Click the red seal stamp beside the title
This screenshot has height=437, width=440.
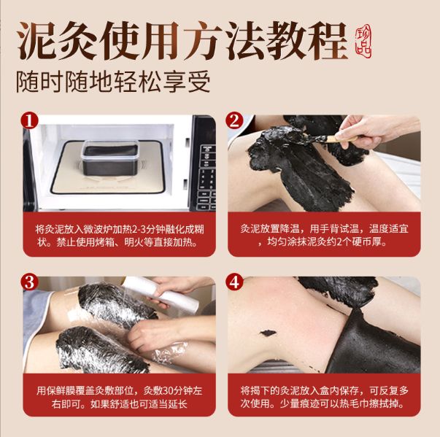click(363, 41)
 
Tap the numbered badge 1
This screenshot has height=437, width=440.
click(29, 121)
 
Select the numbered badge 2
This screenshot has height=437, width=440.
click(234, 121)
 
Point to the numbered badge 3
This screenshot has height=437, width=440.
click(29, 282)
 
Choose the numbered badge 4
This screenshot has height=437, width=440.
click(234, 282)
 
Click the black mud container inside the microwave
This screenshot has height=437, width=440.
click(110, 158)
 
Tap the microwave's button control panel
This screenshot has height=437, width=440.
click(207, 177)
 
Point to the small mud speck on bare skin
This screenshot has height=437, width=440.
click(268, 333)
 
